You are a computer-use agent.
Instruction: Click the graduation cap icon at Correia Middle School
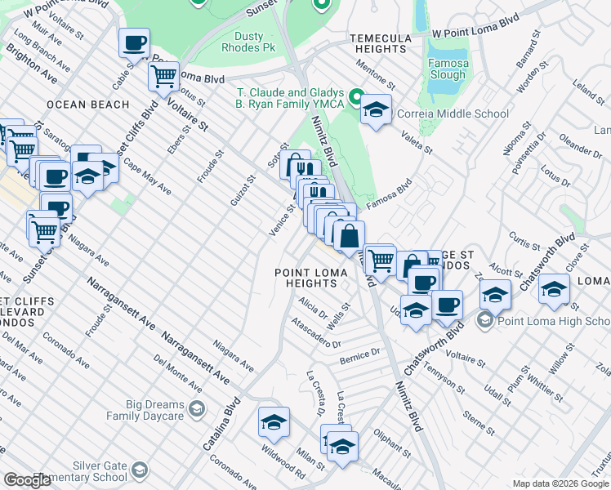point(376,110)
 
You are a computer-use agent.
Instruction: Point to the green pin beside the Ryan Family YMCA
point(357,98)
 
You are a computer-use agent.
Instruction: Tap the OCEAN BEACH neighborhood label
point(88,105)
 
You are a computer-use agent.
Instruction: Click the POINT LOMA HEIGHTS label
point(305,278)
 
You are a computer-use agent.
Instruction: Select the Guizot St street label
point(243,189)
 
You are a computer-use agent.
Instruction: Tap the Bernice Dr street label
point(360,356)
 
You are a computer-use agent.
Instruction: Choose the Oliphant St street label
point(392,442)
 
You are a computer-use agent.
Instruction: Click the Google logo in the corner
point(27,480)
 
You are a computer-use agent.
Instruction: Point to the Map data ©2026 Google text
point(560,483)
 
